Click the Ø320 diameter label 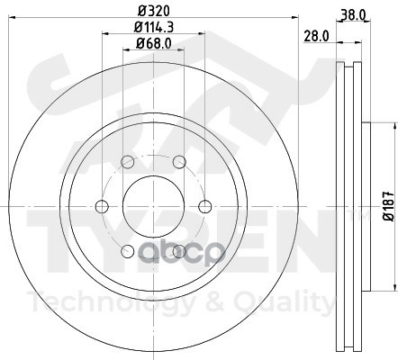tap(154, 11)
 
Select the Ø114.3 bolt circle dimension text tap(154, 28)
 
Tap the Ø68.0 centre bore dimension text tap(154, 44)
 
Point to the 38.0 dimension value tap(353, 14)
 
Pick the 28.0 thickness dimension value tap(316, 36)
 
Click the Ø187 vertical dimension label tap(389, 206)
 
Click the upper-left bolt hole tap(127, 162)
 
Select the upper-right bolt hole tap(179, 162)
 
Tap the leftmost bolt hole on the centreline tap(102, 206)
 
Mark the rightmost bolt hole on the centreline tap(205, 206)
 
